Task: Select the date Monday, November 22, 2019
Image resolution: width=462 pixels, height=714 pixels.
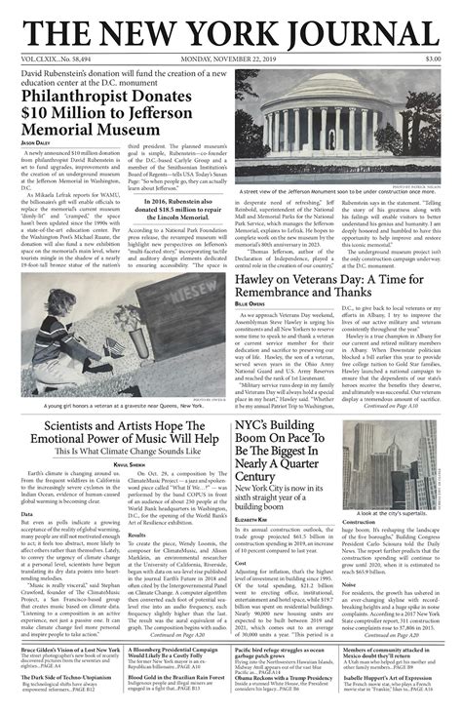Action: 231,59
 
